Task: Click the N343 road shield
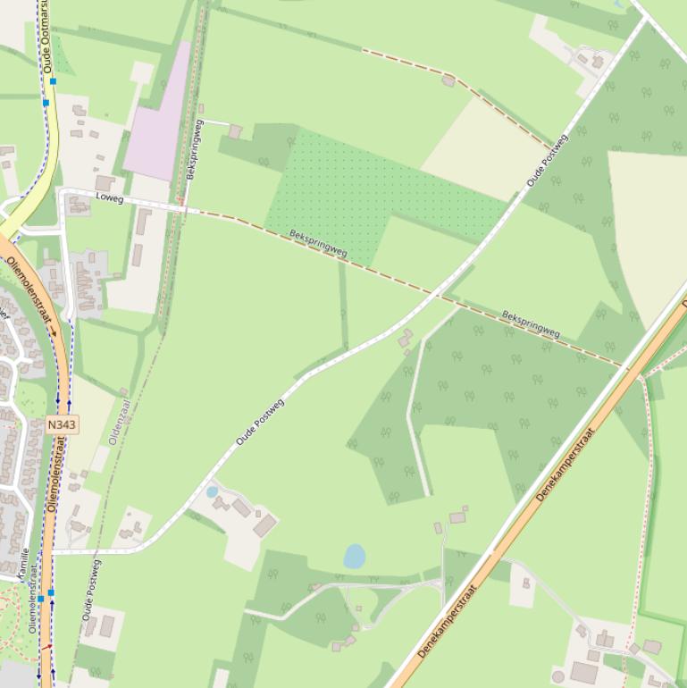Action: (62, 424)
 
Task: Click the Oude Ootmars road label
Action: (47, 38)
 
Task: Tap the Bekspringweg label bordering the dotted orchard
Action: (318, 244)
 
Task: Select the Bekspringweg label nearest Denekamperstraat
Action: (531, 324)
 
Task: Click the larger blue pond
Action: (355, 556)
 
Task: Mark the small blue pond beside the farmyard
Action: (212, 491)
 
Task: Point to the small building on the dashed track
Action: (448, 80)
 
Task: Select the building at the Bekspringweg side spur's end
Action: (235, 131)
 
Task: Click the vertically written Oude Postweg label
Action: (91, 591)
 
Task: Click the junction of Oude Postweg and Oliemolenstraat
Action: (55, 551)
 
